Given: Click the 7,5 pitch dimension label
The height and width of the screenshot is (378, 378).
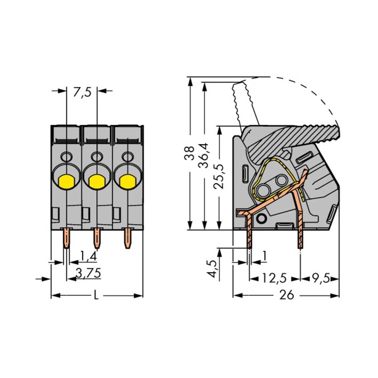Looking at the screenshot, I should click(x=82, y=93).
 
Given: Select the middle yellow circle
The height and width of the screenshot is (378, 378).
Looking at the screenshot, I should click(x=97, y=182).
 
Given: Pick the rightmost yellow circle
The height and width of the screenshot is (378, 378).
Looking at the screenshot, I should click(x=127, y=182).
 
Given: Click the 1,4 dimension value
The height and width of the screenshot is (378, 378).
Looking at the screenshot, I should click(x=88, y=257).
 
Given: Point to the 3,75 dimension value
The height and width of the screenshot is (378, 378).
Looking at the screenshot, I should click(x=88, y=273).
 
